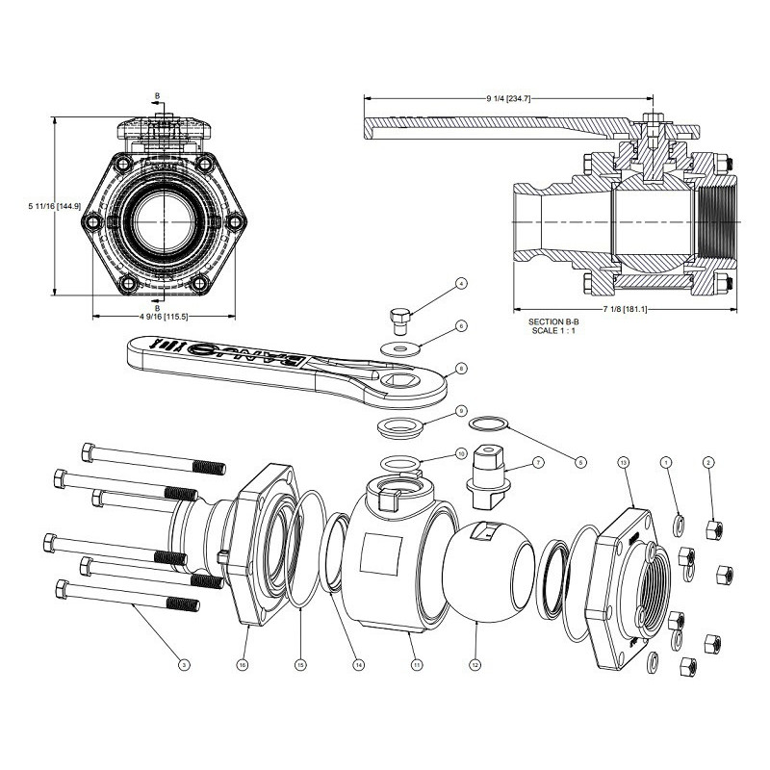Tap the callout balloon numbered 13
click(x=623, y=463)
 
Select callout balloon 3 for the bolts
click(x=184, y=663)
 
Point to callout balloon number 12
click(x=474, y=663)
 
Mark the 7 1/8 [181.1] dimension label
click(x=623, y=310)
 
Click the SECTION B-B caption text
click(x=552, y=321)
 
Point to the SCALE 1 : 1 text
click(x=552, y=331)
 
